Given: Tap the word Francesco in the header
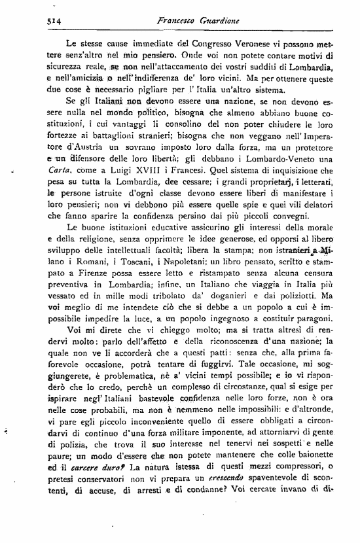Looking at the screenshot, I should pos(177,21).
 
